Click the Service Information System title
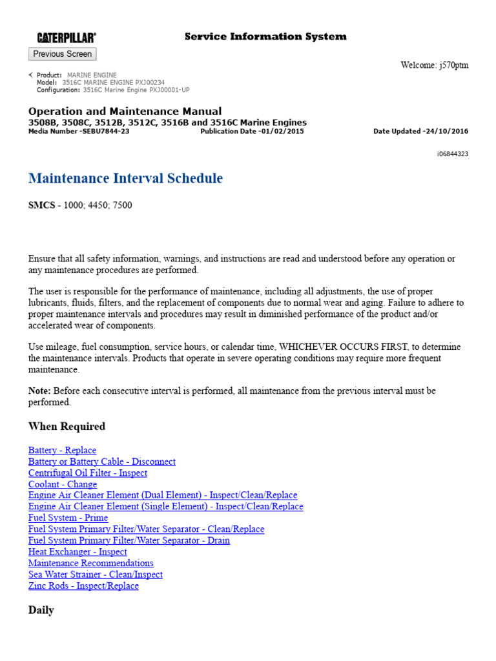[x=265, y=37]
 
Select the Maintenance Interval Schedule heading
[x=126, y=179]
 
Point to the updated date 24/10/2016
[x=446, y=131]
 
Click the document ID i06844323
[x=453, y=154]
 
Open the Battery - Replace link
[x=62, y=451]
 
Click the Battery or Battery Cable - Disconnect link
[x=101, y=462]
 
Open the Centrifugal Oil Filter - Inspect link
[x=87, y=473]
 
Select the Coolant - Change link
[x=63, y=484]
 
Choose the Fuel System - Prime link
[x=68, y=518]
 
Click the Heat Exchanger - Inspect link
[x=77, y=552]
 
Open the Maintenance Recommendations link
[x=90, y=563]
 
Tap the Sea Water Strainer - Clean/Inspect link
[x=95, y=575]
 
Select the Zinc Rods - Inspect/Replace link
[x=83, y=585]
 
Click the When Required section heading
[x=67, y=427]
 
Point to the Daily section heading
[x=41, y=610]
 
